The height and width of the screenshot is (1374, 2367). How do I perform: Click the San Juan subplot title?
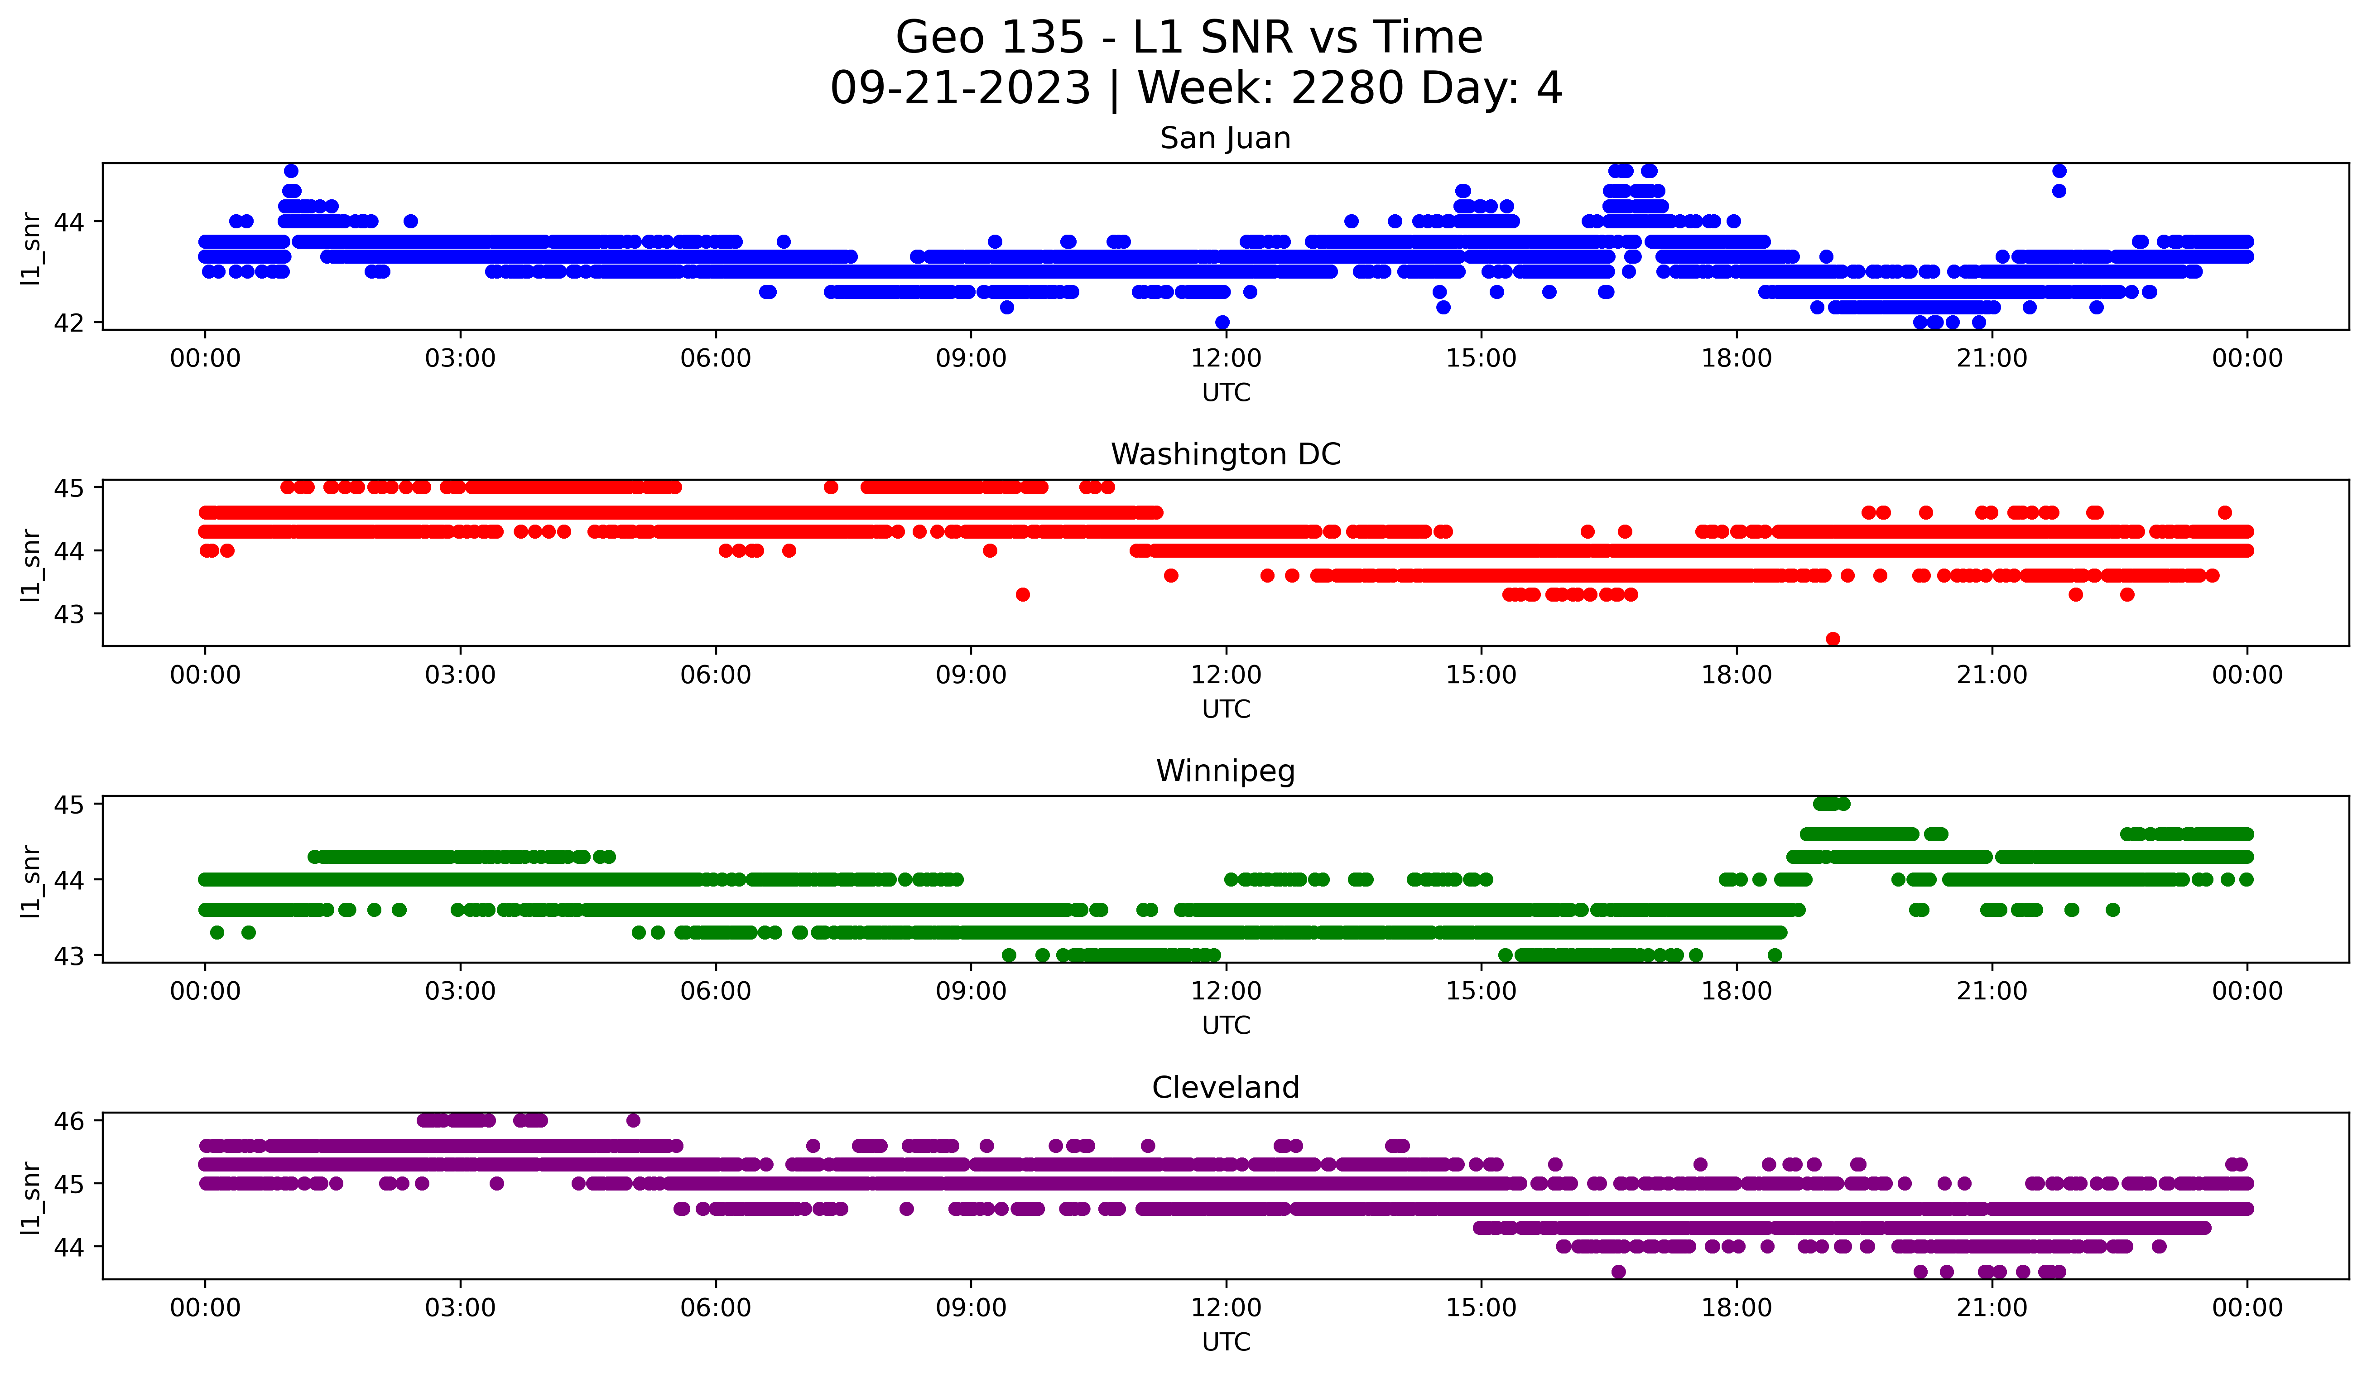point(1225,138)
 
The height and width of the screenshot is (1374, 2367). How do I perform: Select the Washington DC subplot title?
point(1225,454)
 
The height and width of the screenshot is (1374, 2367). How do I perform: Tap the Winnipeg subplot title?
point(1225,771)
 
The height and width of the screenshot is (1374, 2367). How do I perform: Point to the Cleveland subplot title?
point(1225,1088)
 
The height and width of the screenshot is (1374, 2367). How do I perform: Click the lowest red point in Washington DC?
point(1833,639)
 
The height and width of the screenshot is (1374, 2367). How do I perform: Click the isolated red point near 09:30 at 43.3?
point(1023,594)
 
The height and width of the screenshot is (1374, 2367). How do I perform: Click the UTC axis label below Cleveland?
point(1226,1342)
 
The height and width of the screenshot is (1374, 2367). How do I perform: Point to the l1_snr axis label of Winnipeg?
point(31,880)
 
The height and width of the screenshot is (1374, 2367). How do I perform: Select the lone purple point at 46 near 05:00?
point(633,1120)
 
